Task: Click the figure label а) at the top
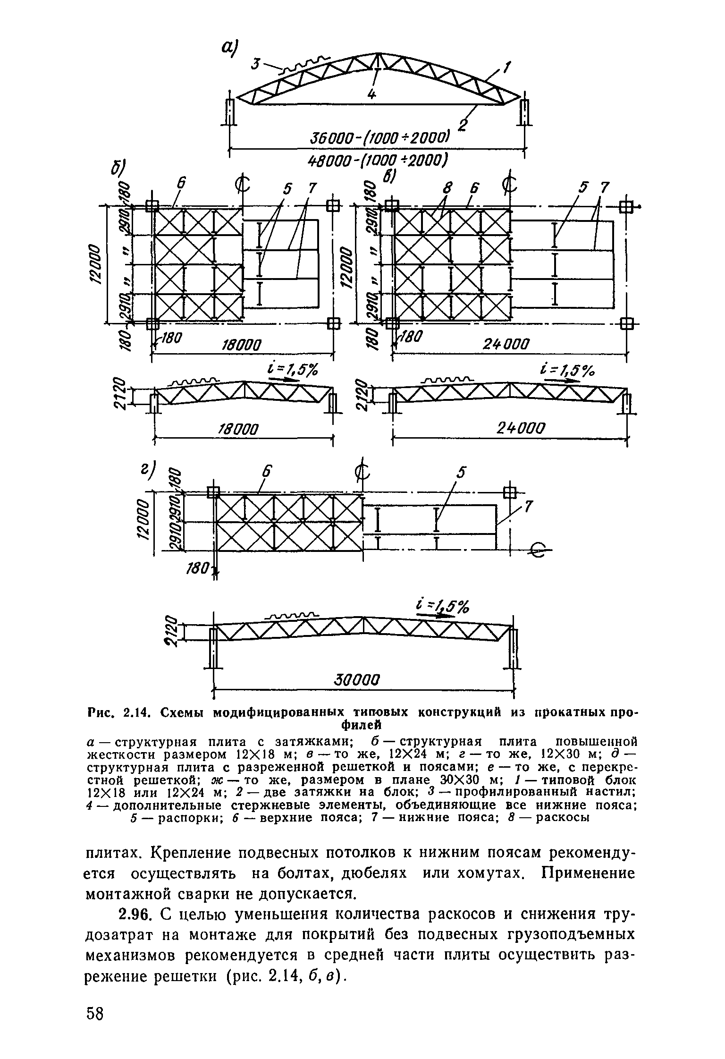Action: (x=230, y=47)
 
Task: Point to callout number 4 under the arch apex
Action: (x=372, y=94)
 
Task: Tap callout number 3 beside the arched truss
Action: (x=255, y=64)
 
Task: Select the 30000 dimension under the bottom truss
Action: (x=357, y=680)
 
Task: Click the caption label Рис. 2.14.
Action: (x=118, y=712)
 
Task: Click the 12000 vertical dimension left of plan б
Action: (x=95, y=264)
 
